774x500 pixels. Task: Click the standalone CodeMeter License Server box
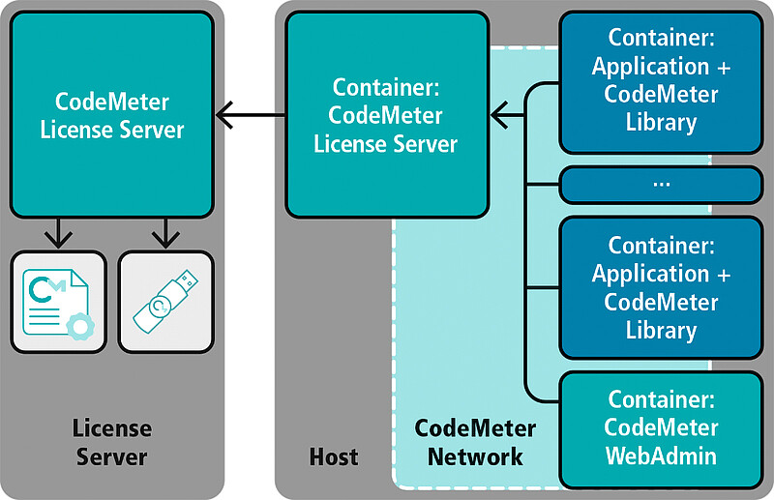click(111, 114)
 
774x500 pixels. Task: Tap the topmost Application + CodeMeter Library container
click(661, 81)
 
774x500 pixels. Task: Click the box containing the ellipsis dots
click(661, 184)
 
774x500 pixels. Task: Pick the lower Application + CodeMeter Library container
click(661, 288)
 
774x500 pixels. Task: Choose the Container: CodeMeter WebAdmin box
click(661, 427)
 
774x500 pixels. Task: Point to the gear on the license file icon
click(82, 326)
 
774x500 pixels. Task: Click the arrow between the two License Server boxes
click(250, 116)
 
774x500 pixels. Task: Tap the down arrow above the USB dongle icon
click(165, 233)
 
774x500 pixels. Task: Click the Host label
click(334, 456)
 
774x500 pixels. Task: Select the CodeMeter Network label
click(475, 442)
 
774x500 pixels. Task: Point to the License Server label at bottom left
click(112, 442)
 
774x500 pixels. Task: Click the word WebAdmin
click(661, 455)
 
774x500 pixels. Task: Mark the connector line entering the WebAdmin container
click(542, 399)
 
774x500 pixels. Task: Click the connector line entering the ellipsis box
click(542, 185)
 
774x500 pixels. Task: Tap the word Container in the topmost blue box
click(661, 40)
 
